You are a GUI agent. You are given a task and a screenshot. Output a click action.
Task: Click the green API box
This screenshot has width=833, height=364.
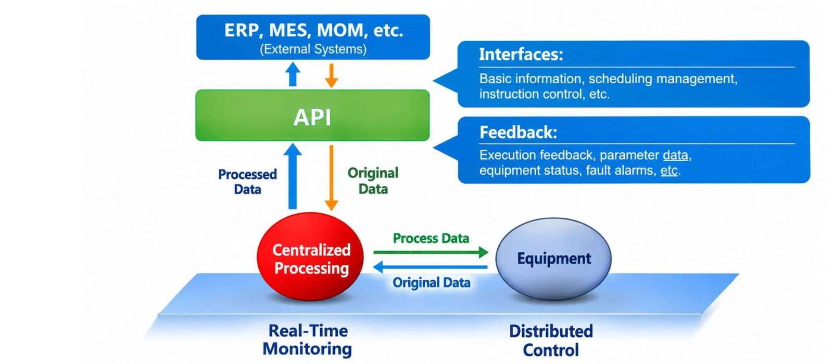(x=312, y=115)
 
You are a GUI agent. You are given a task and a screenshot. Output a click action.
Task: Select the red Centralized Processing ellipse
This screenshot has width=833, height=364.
(x=310, y=256)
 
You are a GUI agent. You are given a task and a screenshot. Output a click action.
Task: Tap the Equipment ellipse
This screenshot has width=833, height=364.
(x=553, y=258)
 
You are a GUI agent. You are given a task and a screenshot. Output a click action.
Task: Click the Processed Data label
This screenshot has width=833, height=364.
(x=247, y=181)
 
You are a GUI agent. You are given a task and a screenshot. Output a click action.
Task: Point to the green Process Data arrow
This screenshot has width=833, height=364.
(x=431, y=252)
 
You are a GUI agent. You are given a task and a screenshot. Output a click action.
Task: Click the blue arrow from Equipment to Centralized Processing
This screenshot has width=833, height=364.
(x=430, y=267)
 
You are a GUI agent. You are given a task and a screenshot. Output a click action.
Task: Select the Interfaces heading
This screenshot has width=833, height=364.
(x=521, y=54)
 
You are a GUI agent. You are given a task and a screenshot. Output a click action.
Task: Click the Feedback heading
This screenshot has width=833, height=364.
(x=519, y=132)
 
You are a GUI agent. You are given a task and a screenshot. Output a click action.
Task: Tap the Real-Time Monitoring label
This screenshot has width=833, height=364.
(x=308, y=340)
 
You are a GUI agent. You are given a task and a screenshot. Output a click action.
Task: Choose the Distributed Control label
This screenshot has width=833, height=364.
(x=551, y=341)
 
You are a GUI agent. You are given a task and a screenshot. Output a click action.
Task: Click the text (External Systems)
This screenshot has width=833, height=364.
(x=313, y=49)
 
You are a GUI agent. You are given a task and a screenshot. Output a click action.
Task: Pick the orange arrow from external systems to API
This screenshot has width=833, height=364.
(x=331, y=76)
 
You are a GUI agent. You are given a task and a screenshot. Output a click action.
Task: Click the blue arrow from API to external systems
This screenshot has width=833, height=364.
(x=293, y=74)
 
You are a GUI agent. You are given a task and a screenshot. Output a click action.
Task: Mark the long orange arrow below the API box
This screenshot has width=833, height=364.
(x=331, y=178)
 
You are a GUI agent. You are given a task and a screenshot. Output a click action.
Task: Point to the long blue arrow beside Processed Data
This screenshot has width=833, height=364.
(x=293, y=176)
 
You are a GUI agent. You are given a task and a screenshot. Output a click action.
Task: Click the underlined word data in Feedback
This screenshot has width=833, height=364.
(x=675, y=155)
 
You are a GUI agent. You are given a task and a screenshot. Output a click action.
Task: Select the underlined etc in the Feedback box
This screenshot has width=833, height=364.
(x=668, y=171)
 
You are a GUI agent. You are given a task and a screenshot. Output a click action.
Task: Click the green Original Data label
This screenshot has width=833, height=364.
(x=373, y=181)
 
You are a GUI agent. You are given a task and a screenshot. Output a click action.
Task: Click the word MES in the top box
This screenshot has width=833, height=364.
(x=290, y=30)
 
